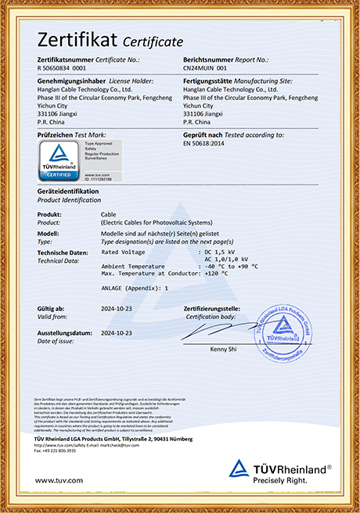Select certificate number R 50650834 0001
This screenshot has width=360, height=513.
(x=62, y=69)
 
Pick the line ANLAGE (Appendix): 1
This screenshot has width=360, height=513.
(x=135, y=288)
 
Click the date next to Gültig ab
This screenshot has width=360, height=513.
(x=117, y=310)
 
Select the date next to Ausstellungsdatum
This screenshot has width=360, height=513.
(x=117, y=332)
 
